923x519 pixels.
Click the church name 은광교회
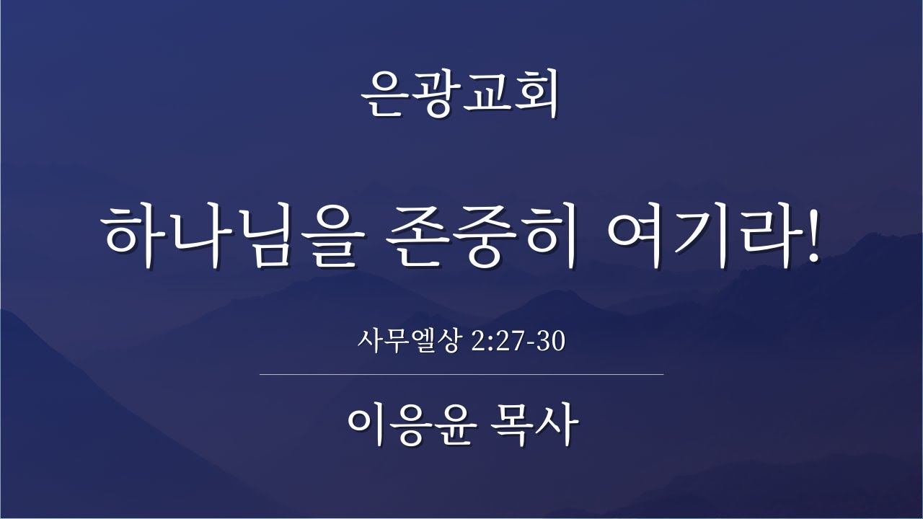461,95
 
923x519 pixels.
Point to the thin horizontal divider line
461,375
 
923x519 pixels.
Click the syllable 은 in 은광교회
384,95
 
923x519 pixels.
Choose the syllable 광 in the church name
435,95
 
